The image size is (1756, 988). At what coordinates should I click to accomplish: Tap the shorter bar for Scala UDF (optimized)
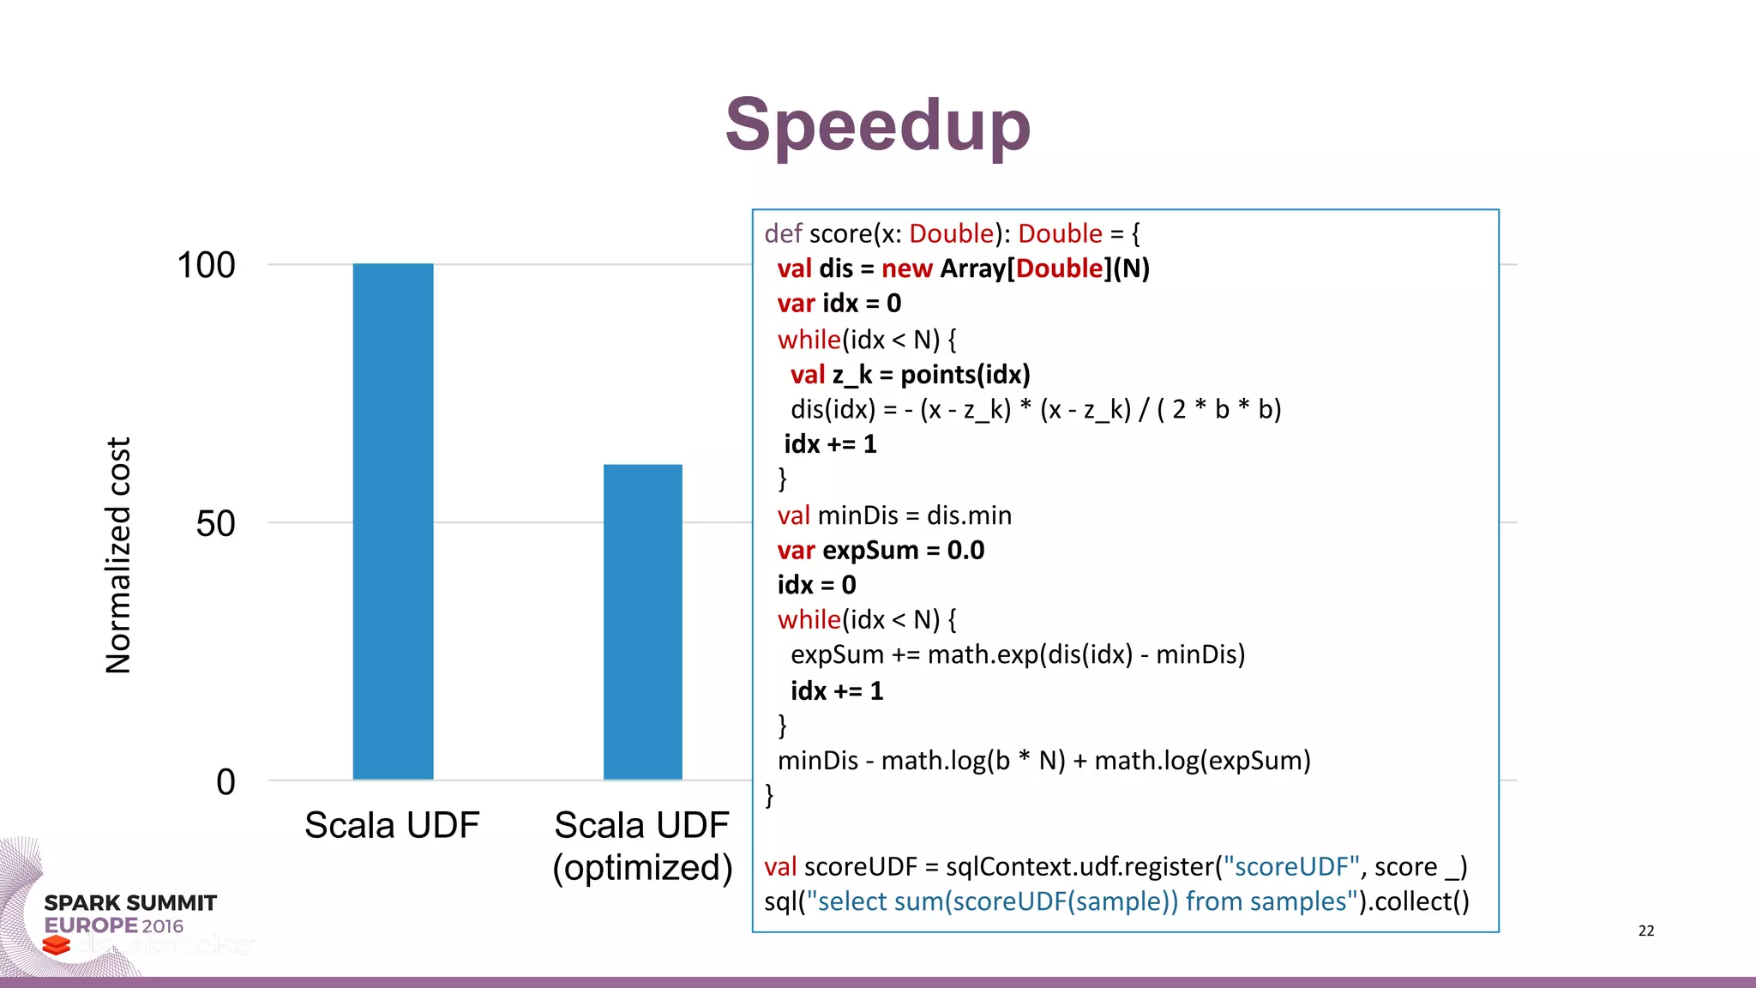[642, 622]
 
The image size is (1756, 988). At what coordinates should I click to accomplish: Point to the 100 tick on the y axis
[206, 265]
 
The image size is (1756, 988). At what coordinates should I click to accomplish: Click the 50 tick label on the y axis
[215, 523]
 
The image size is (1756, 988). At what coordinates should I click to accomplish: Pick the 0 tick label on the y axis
[226, 781]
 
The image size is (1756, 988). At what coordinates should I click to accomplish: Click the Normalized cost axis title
[118, 556]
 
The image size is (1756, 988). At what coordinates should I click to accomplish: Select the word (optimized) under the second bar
[642, 867]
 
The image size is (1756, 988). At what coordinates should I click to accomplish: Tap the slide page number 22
[1645, 931]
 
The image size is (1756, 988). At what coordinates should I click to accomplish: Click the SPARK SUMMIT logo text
[130, 903]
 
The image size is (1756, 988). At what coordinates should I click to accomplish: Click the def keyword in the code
[783, 233]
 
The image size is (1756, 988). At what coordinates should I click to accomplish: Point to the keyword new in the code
[906, 268]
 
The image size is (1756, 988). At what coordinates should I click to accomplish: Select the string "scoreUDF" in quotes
[1290, 866]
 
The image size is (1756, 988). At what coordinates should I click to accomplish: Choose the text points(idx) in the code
[965, 375]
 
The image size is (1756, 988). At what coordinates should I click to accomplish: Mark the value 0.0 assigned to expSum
[965, 550]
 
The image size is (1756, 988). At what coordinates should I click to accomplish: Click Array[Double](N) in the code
[1044, 268]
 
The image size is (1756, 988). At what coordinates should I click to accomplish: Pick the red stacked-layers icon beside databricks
[57, 945]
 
